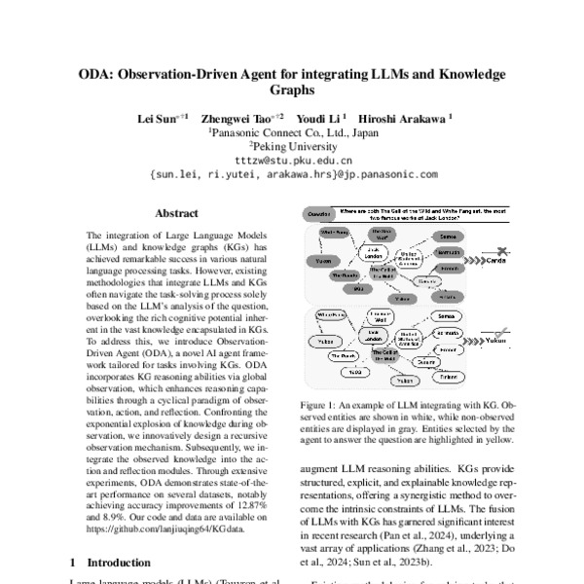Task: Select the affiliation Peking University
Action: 292,145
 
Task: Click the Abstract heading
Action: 177,212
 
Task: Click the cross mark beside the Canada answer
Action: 501,250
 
